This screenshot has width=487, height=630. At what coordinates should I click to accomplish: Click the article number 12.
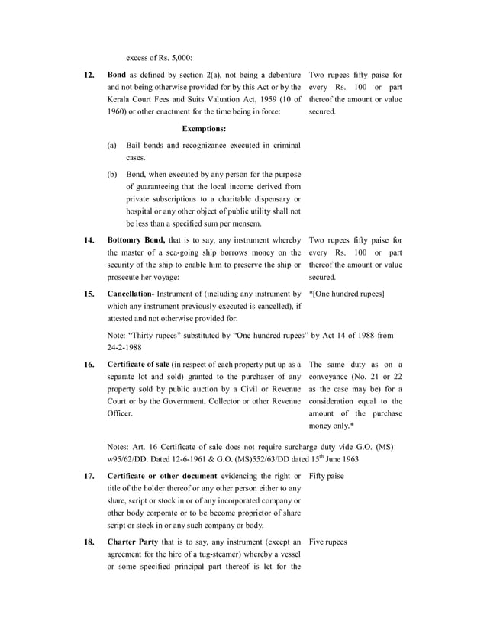click(x=89, y=76)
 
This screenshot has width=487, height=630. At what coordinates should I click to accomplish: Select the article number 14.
click(x=89, y=241)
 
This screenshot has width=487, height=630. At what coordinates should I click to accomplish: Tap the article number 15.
click(x=89, y=294)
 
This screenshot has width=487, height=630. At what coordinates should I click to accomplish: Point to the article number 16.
click(x=89, y=365)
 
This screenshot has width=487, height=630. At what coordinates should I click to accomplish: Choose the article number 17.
click(x=89, y=477)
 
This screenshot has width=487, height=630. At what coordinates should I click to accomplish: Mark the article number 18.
click(x=89, y=542)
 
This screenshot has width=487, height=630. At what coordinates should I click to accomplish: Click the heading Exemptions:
click(x=204, y=129)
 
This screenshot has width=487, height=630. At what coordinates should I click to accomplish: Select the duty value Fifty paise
click(x=326, y=477)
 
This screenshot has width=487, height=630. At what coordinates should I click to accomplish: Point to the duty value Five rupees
click(x=327, y=542)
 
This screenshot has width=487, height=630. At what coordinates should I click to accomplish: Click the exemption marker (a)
click(x=112, y=145)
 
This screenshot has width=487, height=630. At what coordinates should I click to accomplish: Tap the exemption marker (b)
click(x=112, y=175)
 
